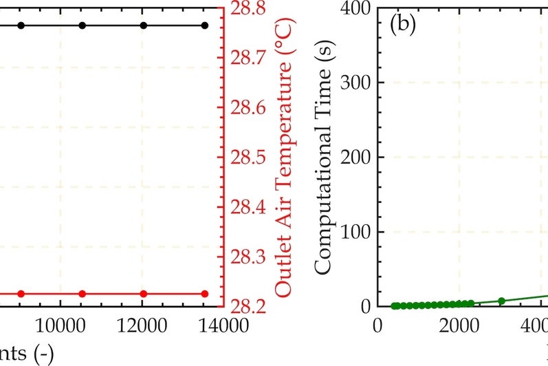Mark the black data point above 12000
(x=143, y=25)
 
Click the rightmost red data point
(x=204, y=294)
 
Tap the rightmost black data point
(x=204, y=25)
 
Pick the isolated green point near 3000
(x=501, y=301)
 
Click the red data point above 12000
(x=143, y=294)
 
